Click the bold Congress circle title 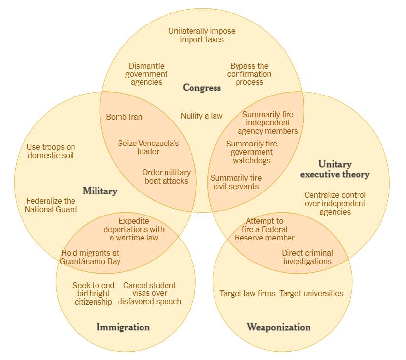point(202,88)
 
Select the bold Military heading point(99,191)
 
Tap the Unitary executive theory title point(334,169)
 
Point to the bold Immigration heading point(123,327)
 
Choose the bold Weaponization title point(278,327)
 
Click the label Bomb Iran point(124,117)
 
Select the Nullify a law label point(201,116)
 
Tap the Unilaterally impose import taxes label point(202,35)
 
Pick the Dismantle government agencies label point(146,74)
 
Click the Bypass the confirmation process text point(249,74)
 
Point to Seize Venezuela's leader point(148,147)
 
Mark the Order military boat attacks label point(167,176)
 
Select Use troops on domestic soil point(51,151)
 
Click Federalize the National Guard point(51,205)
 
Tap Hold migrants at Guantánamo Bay point(90,257)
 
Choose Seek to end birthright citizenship point(94,293)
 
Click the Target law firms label point(247,294)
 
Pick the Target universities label point(311,294)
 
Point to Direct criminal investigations point(307,257)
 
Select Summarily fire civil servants point(236,182)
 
